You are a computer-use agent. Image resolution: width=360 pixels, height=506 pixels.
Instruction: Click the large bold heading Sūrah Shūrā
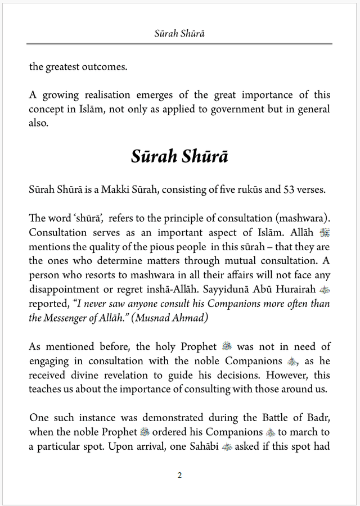(x=179, y=156)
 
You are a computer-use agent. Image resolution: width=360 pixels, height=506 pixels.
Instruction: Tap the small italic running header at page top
(x=179, y=33)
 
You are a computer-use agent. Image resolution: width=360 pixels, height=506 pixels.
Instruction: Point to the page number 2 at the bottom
(x=179, y=475)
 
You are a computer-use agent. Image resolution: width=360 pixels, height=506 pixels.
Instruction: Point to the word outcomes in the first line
(x=107, y=66)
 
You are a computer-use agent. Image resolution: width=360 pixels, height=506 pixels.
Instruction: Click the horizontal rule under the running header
(x=179, y=44)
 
